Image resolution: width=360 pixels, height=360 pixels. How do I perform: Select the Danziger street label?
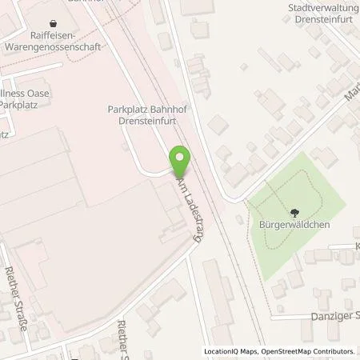click(335, 317)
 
